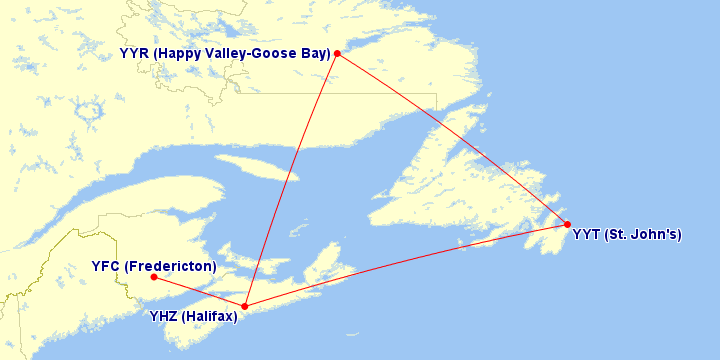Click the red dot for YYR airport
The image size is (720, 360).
[338, 53]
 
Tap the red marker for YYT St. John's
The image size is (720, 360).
[567, 224]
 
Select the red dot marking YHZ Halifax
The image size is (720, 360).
[245, 306]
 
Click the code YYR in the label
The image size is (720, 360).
[134, 54]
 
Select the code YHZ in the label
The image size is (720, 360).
[164, 317]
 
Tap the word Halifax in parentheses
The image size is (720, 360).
[211, 317]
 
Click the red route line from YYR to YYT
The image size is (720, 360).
[450, 137]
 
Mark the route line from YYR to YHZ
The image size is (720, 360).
[291, 180]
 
